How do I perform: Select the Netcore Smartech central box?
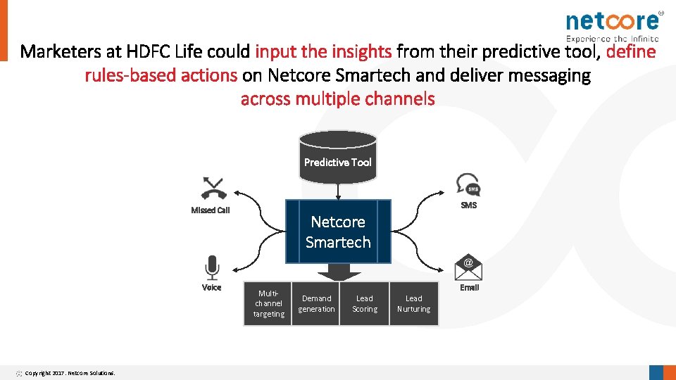point(338,232)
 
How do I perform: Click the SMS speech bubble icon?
point(468,184)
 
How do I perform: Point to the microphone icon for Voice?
point(211,267)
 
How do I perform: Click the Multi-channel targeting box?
point(268,304)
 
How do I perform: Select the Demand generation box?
point(316,304)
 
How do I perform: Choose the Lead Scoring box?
point(365,304)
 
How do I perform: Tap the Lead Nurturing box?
point(414,304)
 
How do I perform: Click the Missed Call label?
point(211,210)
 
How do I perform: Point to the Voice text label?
point(211,287)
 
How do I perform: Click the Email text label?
point(469,287)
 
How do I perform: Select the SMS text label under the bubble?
point(469,205)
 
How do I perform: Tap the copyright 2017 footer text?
point(70,373)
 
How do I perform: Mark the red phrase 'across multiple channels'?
point(338,99)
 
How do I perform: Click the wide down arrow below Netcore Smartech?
point(339,274)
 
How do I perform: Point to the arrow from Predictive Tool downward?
point(338,191)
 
